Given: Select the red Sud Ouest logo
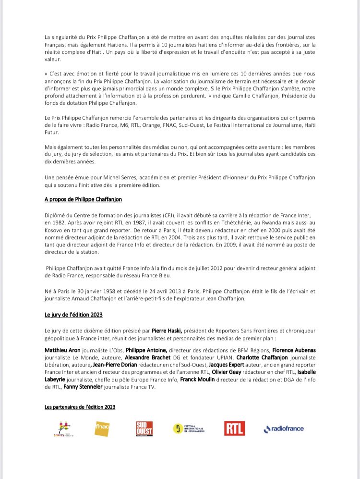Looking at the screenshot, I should [x=144, y=428].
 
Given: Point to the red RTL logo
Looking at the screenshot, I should [x=234, y=428].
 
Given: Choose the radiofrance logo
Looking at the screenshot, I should [x=284, y=429].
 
